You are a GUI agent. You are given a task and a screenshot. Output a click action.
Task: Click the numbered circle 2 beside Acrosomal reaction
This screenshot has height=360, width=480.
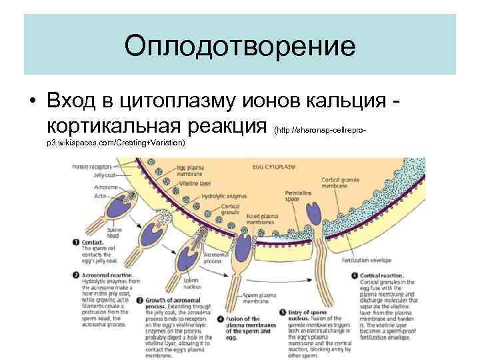[x=74, y=275]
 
